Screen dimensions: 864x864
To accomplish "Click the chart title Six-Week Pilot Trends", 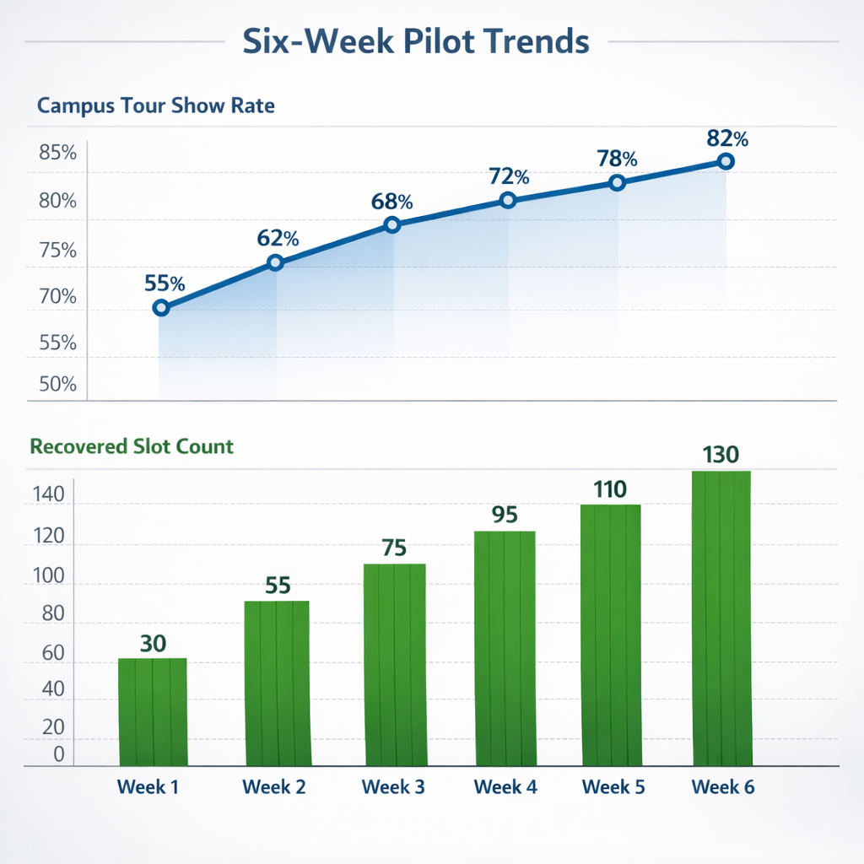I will point(415,40).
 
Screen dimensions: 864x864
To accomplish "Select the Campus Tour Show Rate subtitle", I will point(156,106).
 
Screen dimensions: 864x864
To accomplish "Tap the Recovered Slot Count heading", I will point(132,445).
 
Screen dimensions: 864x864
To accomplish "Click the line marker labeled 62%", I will point(275,263).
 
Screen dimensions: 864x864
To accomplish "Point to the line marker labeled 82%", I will point(726,161).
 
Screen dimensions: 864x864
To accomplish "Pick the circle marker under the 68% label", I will point(391,224).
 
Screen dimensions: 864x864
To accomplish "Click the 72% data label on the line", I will point(509,177).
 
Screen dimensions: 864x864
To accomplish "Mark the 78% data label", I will point(617,159).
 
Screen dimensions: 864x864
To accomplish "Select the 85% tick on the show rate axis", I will point(57,154).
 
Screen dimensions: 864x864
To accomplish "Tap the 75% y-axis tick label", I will point(57,251).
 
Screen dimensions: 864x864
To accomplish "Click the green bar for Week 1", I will point(153,712).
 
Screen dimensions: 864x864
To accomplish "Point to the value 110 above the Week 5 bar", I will point(610,489).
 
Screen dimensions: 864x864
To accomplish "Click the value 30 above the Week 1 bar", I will point(153,643).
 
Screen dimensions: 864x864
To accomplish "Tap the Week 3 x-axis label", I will point(393,787).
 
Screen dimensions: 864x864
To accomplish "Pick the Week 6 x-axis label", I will point(723,787).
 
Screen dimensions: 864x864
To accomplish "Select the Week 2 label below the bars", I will point(274,787).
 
